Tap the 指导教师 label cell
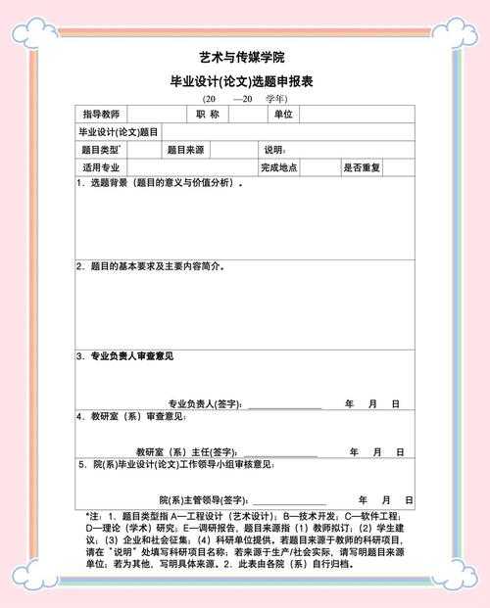coord(101,115)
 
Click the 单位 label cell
coord(283,115)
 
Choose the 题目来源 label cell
coord(185,150)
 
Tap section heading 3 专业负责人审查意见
coord(128,355)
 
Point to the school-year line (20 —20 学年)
coord(245,99)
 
